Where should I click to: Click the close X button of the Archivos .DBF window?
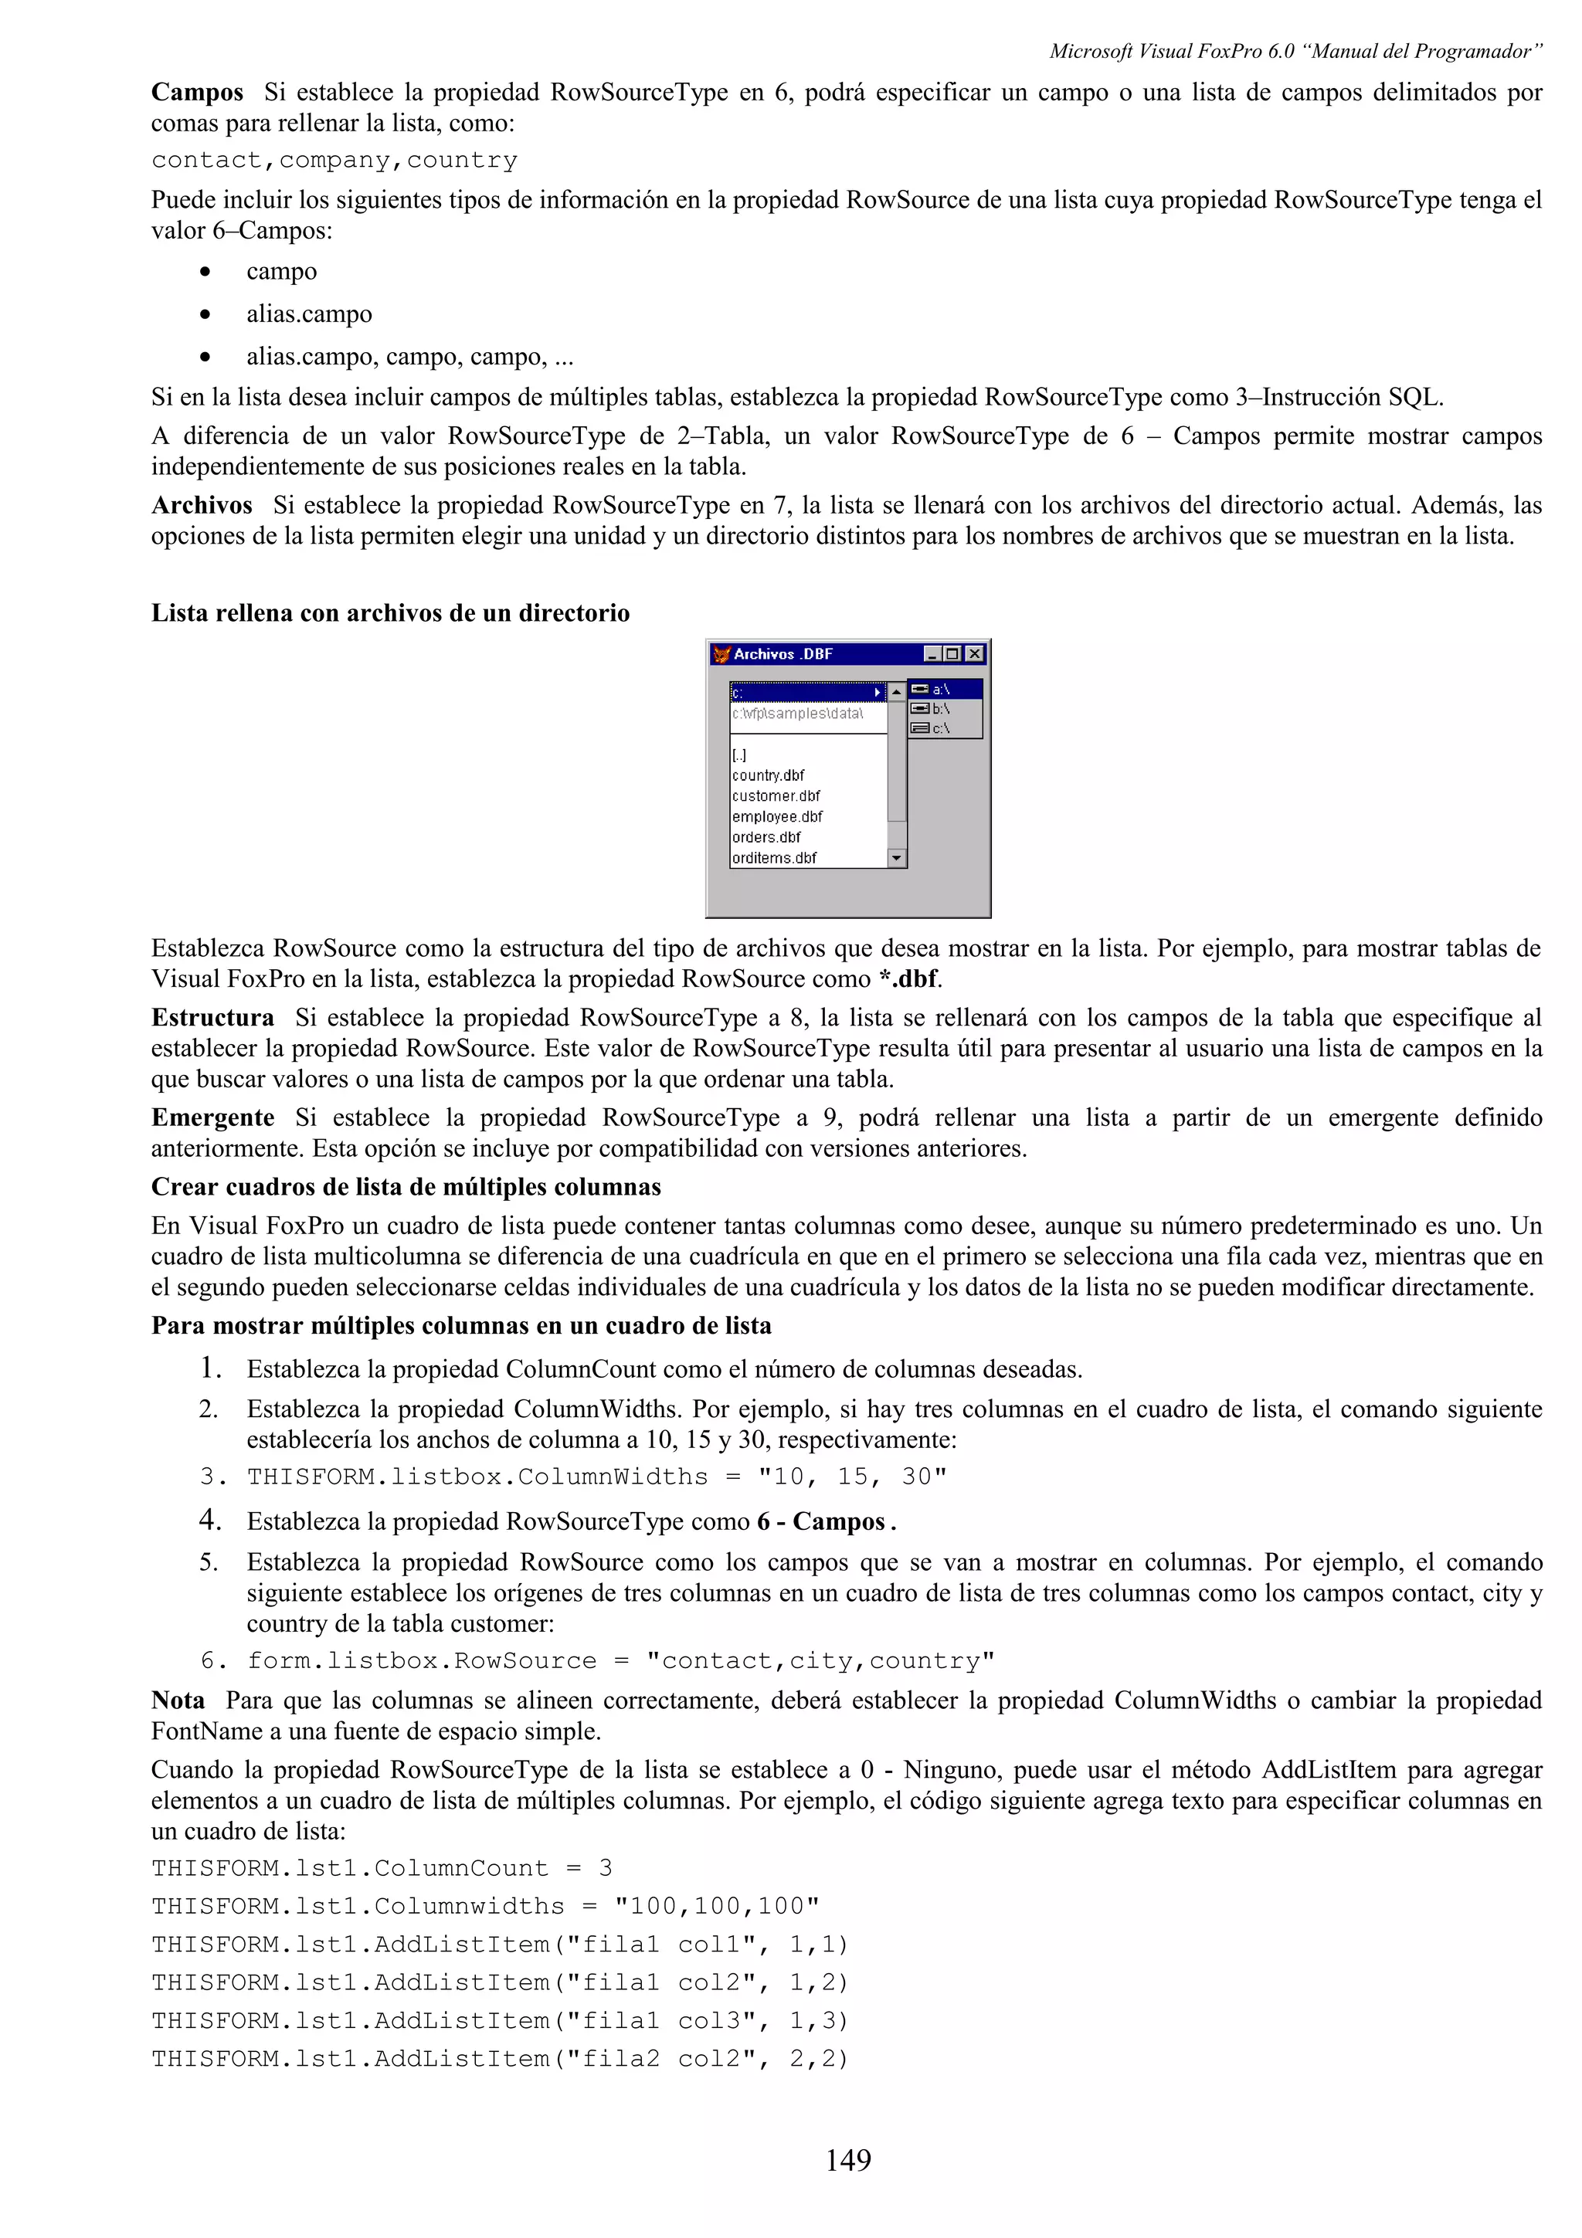(x=974, y=654)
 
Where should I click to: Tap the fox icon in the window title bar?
(x=721, y=654)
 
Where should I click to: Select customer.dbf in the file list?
(x=776, y=796)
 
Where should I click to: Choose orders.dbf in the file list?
(x=766, y=837)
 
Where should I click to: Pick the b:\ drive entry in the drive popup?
(x=941, y=709)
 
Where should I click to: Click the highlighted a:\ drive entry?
(x=942, y=689)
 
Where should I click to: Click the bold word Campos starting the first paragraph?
(x=197, y=93)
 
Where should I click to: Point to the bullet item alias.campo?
(x=309, y=314)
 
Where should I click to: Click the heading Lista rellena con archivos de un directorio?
(x=390, y=613)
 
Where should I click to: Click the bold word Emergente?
(x=212, y=1118)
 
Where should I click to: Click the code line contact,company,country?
(x=334, y=161)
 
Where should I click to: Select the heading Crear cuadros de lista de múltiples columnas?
(x=406, y=1187)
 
